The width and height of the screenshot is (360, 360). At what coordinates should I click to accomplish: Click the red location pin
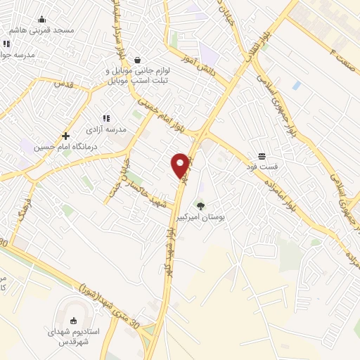181,165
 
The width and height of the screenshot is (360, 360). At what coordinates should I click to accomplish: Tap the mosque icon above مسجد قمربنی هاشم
41,19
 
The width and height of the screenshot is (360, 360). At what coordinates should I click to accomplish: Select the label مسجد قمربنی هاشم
42,31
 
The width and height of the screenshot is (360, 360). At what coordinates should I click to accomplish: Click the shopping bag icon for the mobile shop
136,60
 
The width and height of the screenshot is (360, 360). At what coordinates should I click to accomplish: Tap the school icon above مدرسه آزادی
106,119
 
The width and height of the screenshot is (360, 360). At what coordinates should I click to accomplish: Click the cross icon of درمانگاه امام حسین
65,136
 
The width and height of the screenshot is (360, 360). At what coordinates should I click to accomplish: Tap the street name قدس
64,84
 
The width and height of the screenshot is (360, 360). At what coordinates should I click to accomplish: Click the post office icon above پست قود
262,155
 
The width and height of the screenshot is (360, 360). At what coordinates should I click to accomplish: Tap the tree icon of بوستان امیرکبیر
201,206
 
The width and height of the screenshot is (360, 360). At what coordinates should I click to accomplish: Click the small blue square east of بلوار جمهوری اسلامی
296,85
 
